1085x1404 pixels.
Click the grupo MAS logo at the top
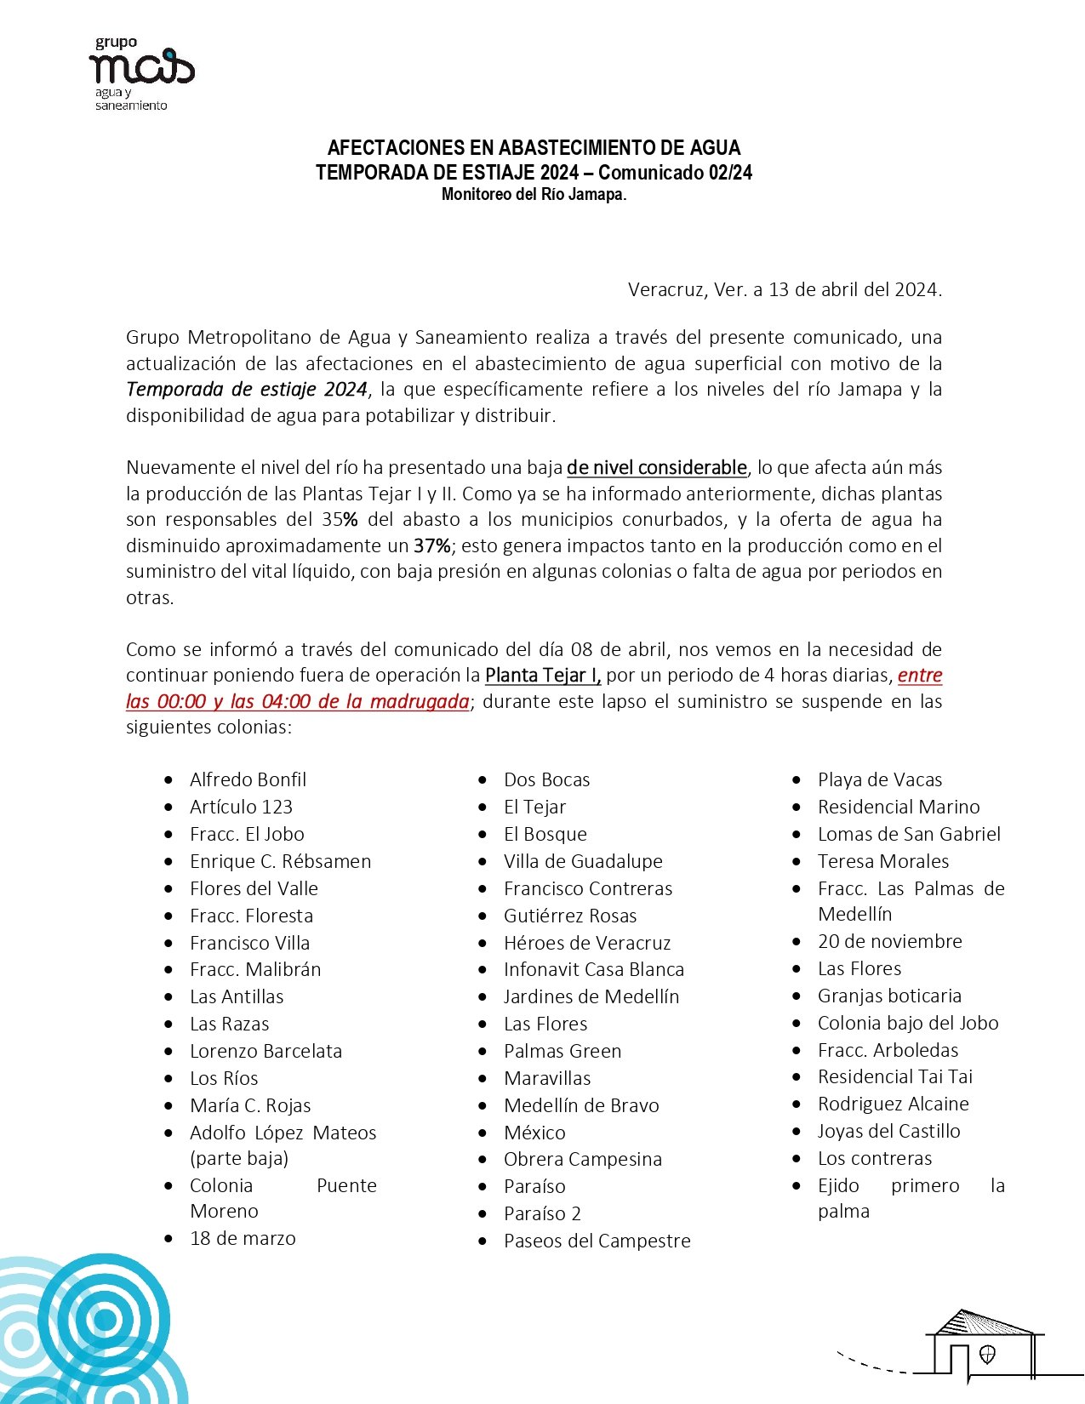(140, 72)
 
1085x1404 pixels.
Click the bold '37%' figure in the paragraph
(431, 545)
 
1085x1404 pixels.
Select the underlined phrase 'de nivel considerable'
(656, 467)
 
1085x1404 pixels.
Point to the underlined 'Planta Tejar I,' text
(543, 676)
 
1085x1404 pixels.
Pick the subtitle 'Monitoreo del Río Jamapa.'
(534, 195)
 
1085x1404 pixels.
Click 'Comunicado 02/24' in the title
(675, 173)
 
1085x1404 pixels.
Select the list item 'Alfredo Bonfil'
(248, 779)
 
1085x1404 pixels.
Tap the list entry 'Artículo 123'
(241, 807)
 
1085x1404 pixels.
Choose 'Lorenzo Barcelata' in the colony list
(266, 1051)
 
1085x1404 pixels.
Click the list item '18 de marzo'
(243, 1238)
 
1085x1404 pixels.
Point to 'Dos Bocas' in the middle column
(546, 779)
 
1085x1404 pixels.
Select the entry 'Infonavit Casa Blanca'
(593, 969)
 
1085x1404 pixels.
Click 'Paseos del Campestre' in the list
(597, 1241)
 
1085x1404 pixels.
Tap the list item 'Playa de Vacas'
(880, 779)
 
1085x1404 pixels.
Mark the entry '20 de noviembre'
(889, 941)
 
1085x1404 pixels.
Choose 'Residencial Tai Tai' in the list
(894, 1076)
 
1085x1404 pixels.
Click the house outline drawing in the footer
(985, 1344)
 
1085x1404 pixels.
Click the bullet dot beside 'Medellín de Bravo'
(483, 1106)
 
